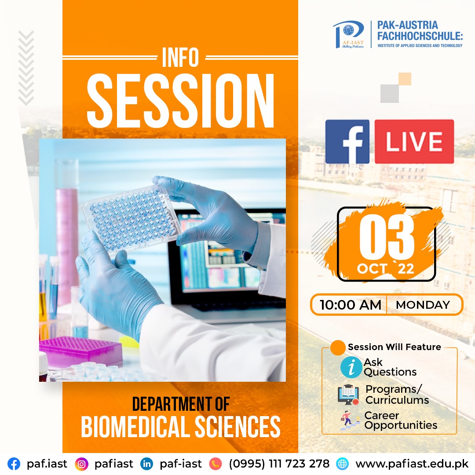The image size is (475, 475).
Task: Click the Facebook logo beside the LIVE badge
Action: click(347, 142)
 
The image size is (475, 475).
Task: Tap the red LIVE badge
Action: click(414, 142)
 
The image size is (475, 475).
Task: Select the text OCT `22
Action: click(385, 268)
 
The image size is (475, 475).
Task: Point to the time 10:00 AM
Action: click(351, 305)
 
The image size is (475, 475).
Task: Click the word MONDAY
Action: click(423, 305)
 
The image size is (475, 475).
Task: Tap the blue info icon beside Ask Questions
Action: click(351, 367)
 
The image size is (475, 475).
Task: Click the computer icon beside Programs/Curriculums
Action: click(348, 395)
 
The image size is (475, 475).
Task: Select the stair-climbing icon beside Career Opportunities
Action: click(347, 420)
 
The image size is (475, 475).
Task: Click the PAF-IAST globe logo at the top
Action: click(349, 34)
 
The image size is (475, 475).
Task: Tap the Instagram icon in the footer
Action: click(81, 464)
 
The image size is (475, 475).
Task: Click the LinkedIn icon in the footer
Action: click(147, 464)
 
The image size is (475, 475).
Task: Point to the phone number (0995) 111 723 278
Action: click(279, 464)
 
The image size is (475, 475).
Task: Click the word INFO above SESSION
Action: click(181, 57)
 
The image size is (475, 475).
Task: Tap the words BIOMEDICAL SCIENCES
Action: click(181, 427)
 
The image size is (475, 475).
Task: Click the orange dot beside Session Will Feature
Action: click(338, 347)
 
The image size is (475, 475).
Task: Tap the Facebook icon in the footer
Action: click(14, 464)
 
